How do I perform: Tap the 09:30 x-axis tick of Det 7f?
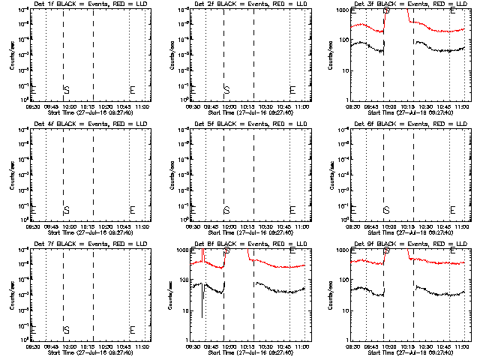click(33, 346)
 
